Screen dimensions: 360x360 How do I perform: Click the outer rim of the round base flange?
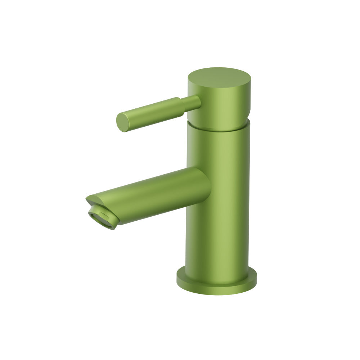tap(216, 290)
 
